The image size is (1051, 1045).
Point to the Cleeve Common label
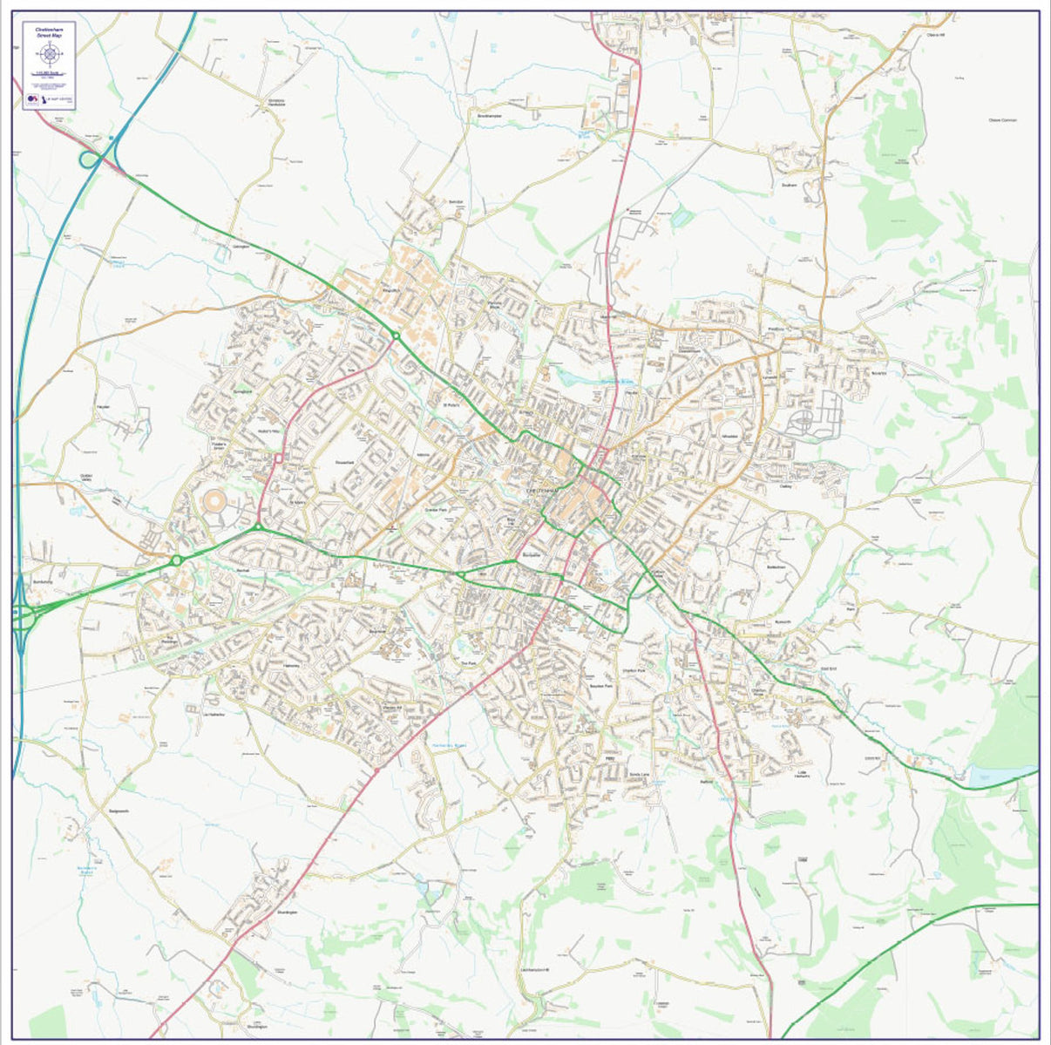pos(1003,120)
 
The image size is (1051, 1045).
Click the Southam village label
pos(790,186)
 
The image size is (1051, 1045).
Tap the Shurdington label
pos(288,912)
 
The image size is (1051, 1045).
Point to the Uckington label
pos(241,247)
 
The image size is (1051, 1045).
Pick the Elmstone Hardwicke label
pos(276,103)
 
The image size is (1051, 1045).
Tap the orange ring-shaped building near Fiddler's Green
pos(214,503)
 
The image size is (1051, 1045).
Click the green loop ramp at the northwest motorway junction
pos(89,159)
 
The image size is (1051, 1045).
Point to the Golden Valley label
pos(85,478)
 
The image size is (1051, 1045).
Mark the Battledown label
pos(776,567)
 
